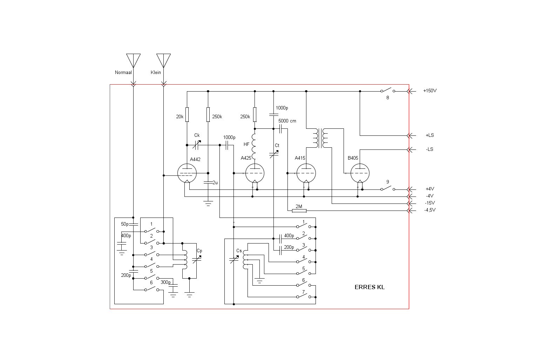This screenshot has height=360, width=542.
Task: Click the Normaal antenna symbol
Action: (133, 60)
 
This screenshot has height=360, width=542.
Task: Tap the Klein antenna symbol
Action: (163, 60)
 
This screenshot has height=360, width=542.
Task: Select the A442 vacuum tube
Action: (187, 173)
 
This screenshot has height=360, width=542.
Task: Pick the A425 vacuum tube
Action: (255, 173)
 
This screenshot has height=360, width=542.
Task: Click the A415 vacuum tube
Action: (306, 173)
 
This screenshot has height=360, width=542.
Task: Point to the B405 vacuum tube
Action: (360, 173)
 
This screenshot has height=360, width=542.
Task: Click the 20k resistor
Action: (187, 114)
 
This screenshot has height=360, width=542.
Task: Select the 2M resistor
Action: (299, 211)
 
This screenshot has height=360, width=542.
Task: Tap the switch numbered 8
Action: (387, 91)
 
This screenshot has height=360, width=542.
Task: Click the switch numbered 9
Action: (387, 189)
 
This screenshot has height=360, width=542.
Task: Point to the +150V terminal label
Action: (429, 91)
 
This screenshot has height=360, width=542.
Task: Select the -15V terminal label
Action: (430, 203)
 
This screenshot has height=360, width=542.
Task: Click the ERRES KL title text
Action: (370, 287)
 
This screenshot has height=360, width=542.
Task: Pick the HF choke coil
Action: (254, 145)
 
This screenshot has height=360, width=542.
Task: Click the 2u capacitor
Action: (208, 182)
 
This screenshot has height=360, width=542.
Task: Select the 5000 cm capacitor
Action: (280, 129)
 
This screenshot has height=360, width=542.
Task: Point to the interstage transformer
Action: (320, 138)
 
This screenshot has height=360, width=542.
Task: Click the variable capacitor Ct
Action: (274, 154)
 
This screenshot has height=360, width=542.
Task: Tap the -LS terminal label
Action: (429, 149)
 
